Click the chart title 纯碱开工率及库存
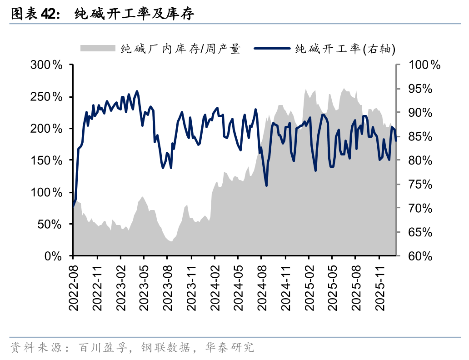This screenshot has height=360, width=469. pos(135,15)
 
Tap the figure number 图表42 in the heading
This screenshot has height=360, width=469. pos(35,15)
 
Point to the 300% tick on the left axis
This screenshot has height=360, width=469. pos(46,65)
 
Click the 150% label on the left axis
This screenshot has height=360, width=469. pos(46,160)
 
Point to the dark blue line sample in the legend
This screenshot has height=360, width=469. pos(272,49)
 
